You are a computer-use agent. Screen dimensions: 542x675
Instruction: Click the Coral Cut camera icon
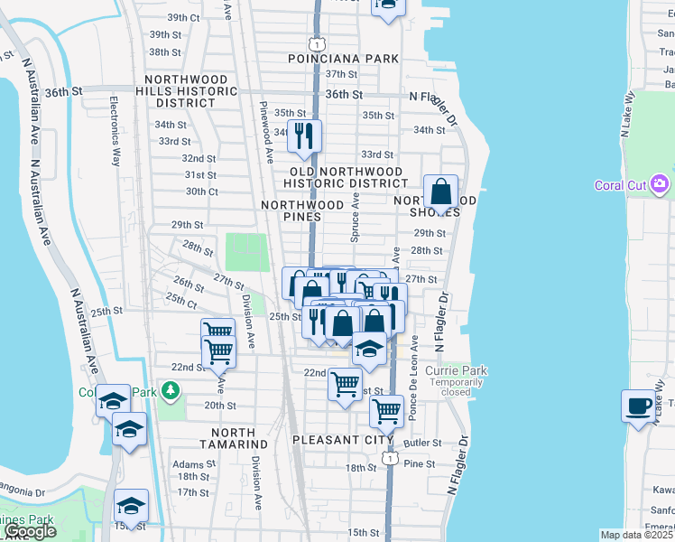tap(661, 184)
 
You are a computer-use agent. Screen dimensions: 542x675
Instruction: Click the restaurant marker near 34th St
tap(304, 135)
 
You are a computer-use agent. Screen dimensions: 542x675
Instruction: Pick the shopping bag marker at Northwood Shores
tap(439, 192)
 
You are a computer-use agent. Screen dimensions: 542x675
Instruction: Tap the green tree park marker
tap(168, 391)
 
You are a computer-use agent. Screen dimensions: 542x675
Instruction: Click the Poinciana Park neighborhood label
tap(343, 59)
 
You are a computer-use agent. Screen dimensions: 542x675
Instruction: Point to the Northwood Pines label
tap(302, 211)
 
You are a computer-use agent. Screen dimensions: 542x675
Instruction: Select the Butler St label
tap(423, 444)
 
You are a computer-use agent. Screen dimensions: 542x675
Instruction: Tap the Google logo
tap(30, 531)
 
